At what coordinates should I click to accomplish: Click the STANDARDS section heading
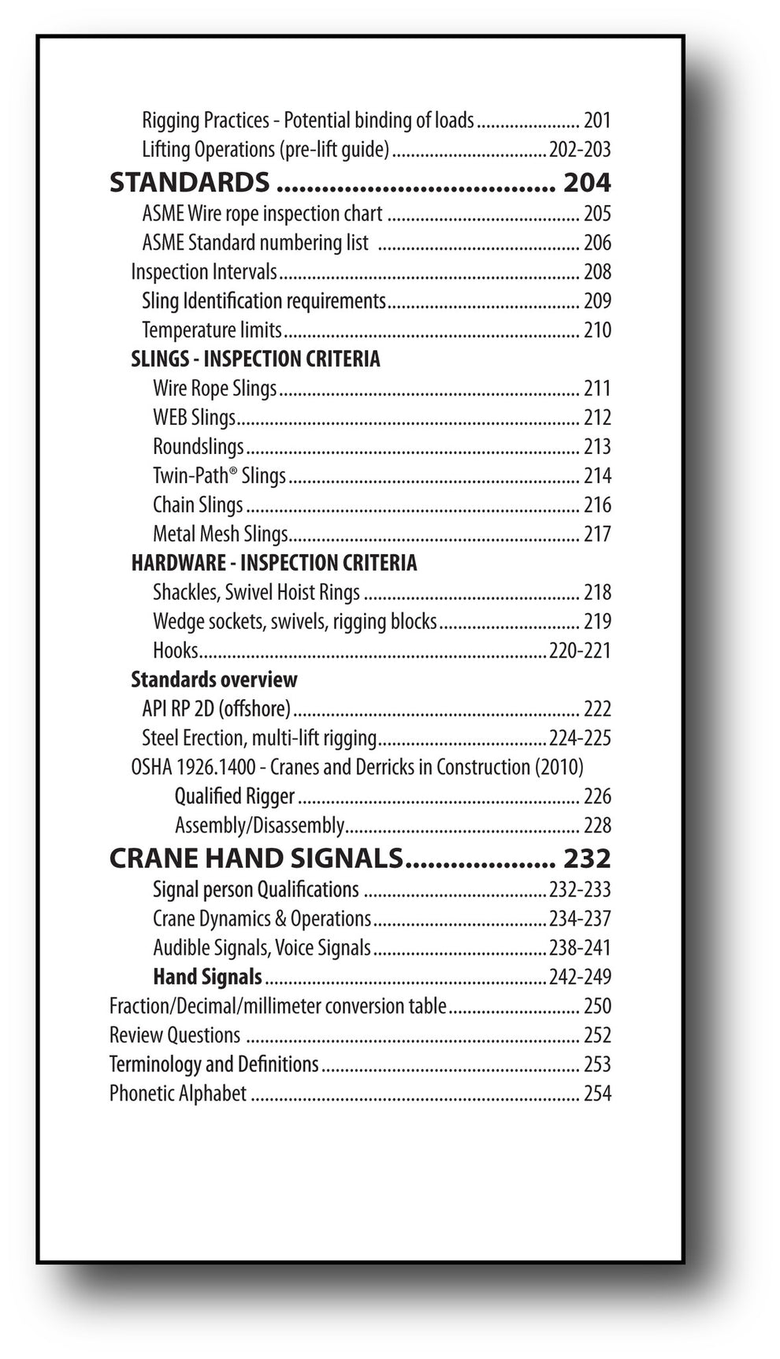pos(189,182)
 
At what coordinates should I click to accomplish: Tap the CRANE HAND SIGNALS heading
pos(256,858)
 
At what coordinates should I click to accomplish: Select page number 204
pos(587,182)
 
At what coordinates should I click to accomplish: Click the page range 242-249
pos(580,977)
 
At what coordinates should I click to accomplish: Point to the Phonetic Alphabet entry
pos(178,1093)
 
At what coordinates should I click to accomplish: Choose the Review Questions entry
pos(175,1035)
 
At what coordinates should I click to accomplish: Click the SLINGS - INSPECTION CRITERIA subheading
pos(255,359)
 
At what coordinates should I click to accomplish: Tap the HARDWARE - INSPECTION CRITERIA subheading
pos(273,563)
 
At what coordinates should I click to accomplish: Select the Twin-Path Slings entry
pos(219,475)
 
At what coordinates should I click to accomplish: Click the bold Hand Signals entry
pos(207,977)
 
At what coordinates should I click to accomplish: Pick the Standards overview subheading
pos(214,679)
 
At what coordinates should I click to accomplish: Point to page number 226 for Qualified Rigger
pos(597,796)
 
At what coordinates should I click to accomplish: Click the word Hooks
pos(176,650)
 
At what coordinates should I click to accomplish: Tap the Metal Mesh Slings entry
pos(221,534)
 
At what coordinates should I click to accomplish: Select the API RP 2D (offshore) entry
pos(216,709)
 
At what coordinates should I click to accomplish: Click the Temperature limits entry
pos(211,330)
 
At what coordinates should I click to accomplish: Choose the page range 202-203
pos(580,149)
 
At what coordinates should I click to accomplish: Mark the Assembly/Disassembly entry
pos(259,825)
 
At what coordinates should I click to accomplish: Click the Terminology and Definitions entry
pos(214,1064)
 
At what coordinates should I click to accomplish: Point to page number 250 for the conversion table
pos(597,1006)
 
